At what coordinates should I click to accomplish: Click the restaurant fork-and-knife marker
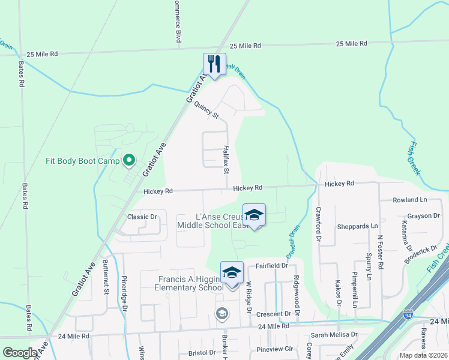(x=214, y=62)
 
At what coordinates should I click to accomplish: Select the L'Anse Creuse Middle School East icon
(x=254, y=215)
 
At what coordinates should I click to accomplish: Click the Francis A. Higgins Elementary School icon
(x=232, y=272)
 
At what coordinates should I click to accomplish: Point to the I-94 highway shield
(x=408, y=314)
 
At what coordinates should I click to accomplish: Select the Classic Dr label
(x=142, y=217)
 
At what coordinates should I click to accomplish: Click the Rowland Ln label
(x=410, y=200)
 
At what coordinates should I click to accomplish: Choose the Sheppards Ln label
(x=358, y=226)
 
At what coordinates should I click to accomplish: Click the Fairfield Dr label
(x=272, y=265)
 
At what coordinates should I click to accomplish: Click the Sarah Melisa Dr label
(x=334, y=335)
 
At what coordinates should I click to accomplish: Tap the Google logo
(x=19, y=353)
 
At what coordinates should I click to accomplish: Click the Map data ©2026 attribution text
(x=423, y=355)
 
